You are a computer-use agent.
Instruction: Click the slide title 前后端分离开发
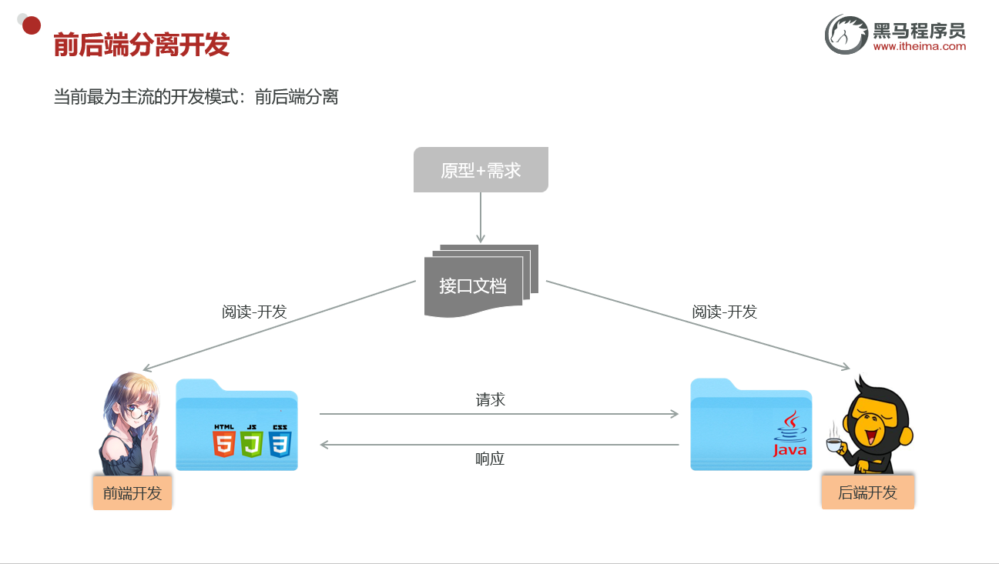coord(142,45)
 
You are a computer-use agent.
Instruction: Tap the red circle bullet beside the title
coord(32,25)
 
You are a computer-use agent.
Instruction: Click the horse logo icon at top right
coord(846,35)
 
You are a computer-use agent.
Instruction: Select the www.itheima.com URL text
coord(919,46)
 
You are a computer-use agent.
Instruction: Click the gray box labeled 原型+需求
coord(481,170)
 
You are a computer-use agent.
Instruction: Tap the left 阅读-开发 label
coord(254,312)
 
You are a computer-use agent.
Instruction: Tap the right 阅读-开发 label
coord(724,312)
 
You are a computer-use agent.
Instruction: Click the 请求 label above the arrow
coord(491,400)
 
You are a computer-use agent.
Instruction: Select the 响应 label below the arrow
coord(490,459)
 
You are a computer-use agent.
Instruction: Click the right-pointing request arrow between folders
coord(498,414)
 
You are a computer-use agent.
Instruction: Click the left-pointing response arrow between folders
coord(498,444)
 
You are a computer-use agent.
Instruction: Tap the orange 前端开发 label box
coord(132,493)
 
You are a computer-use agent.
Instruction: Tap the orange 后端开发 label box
coord(867,492)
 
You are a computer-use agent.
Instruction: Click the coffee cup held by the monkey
coord(833,444)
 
